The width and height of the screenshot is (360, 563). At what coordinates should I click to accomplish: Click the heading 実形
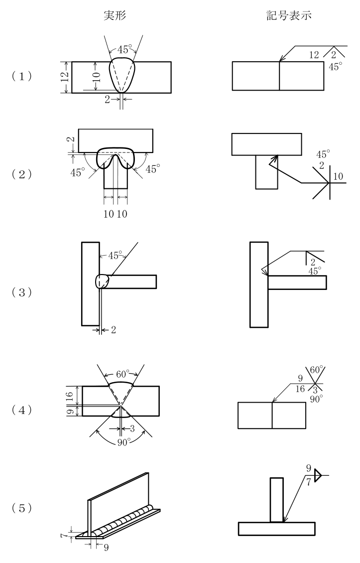pos(115,15)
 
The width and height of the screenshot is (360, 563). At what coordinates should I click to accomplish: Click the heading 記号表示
pos(289,15)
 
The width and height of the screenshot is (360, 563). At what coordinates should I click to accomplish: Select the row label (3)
pos(22,292)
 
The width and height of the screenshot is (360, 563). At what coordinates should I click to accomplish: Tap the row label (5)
pos(22,508)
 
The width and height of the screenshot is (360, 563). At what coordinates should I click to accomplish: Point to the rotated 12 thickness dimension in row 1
pos(65,77)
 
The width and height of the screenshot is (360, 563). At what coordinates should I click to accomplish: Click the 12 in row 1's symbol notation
pos(314,55)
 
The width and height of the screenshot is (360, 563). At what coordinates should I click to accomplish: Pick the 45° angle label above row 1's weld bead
pos(124,49)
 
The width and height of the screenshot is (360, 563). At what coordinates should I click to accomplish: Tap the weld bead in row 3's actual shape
pos(102,281)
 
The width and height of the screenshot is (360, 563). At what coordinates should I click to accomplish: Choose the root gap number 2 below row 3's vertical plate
pos(114,330)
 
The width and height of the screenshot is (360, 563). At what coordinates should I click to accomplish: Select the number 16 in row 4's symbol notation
pos(300,389)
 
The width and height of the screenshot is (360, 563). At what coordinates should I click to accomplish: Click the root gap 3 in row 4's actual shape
pos(132,428)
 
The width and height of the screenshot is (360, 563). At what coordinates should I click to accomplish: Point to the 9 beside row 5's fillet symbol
pos(308,468)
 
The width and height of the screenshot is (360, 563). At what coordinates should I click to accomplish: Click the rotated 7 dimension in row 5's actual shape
pos(64,536)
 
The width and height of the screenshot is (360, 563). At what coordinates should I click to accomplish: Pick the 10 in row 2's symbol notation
pos(338,176)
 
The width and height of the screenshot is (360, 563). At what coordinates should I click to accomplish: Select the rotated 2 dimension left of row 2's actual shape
pos(72,139)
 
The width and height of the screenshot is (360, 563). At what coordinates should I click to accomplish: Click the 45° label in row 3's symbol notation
pos(315,271)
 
